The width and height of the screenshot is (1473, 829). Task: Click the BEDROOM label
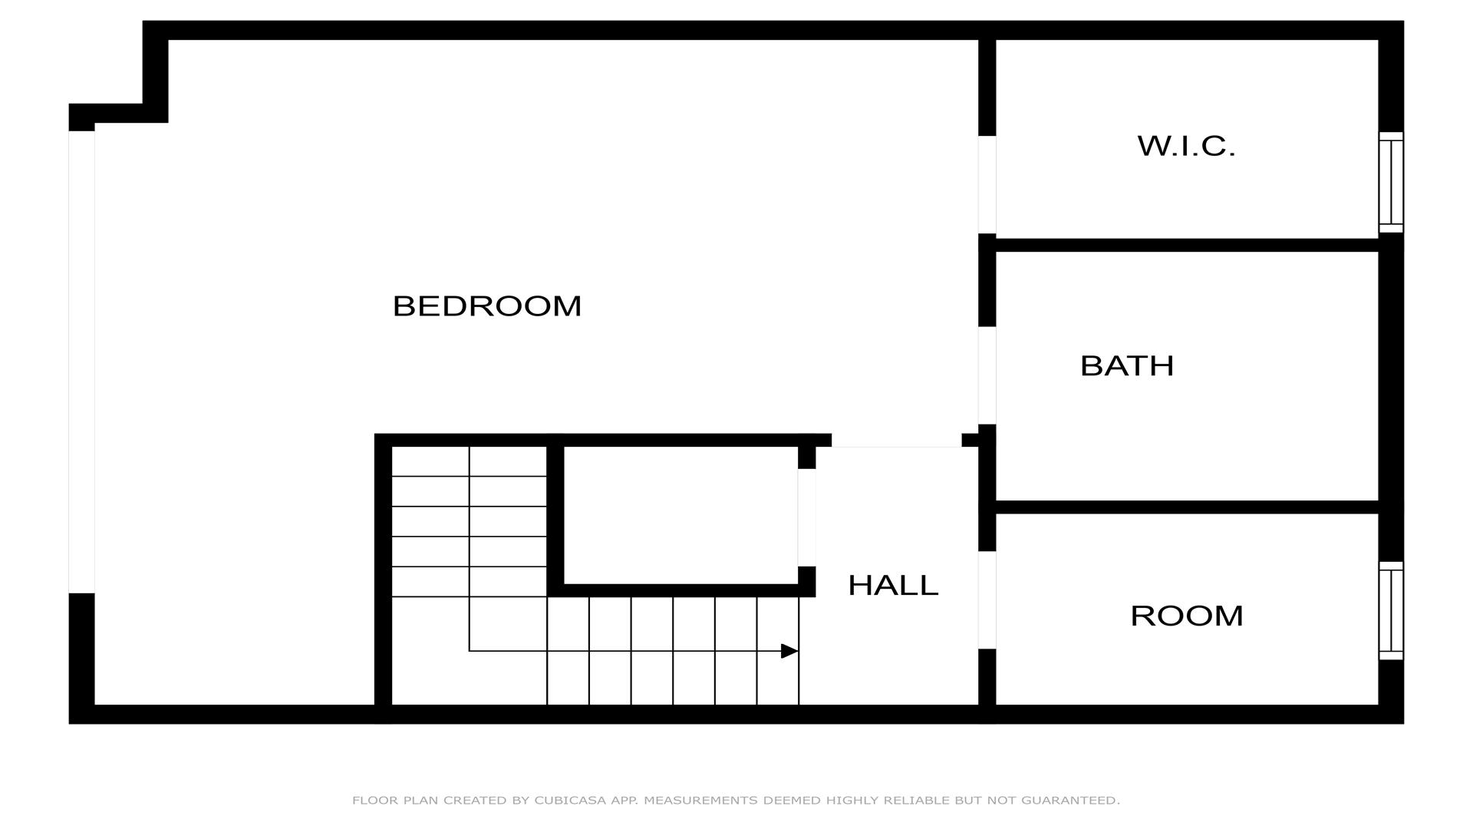487,306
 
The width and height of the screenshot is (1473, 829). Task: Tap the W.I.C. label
1186,146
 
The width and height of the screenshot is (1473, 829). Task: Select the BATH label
1127,366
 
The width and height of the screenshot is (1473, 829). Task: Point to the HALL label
893,586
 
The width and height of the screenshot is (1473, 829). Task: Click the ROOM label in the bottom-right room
1187,616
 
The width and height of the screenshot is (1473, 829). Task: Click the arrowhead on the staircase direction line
789,651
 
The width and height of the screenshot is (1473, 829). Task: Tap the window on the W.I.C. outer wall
1391,182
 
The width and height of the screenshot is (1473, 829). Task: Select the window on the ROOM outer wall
1391,610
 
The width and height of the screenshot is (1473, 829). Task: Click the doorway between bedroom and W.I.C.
987,185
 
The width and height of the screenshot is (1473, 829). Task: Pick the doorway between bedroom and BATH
987,375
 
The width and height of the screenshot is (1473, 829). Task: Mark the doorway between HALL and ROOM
987,600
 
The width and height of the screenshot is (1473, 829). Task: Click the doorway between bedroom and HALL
896,440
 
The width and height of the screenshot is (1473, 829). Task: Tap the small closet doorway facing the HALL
806,517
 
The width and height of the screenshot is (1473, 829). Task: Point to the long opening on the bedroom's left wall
81,362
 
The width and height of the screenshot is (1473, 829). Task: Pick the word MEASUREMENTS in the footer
700,800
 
